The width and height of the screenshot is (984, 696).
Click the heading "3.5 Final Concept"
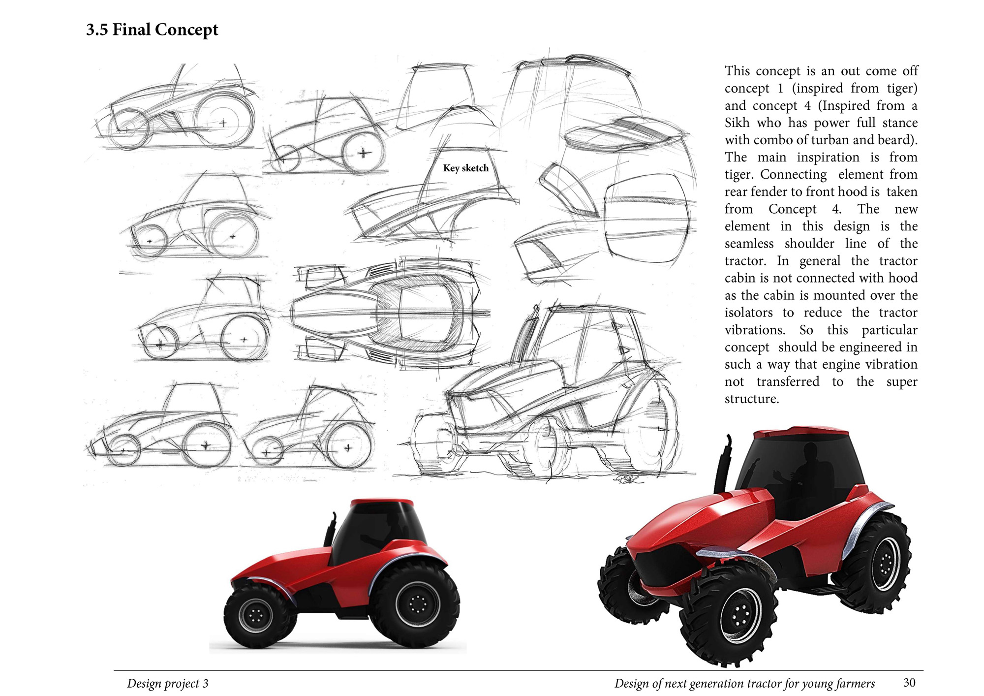click(x=152, y=30)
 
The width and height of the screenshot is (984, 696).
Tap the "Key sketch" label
click(x=466, y=168)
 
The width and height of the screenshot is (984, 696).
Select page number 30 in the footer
click(x=909, y=682)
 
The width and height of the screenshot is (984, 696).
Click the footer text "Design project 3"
click(x=168, y=683)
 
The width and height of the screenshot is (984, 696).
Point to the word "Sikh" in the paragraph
click(x=737, y=123)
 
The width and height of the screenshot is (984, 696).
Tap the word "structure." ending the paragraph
click(x=752, y=399)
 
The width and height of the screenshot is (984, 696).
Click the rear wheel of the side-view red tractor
click(x=416, y=604)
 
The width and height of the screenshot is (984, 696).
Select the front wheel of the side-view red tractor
click(x=256, y=615)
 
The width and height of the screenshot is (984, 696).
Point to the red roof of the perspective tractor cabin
click(x=801, y=434)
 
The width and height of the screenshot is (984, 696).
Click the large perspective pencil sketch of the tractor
click(x=541, y=394)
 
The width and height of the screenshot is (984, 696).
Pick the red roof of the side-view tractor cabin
click(x=382, y=502)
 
